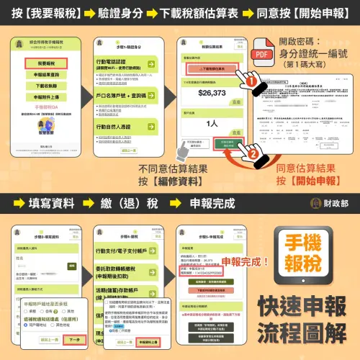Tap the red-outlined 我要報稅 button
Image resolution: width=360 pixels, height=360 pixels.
click(45, 64)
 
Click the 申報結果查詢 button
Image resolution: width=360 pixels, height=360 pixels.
click(45, 74)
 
